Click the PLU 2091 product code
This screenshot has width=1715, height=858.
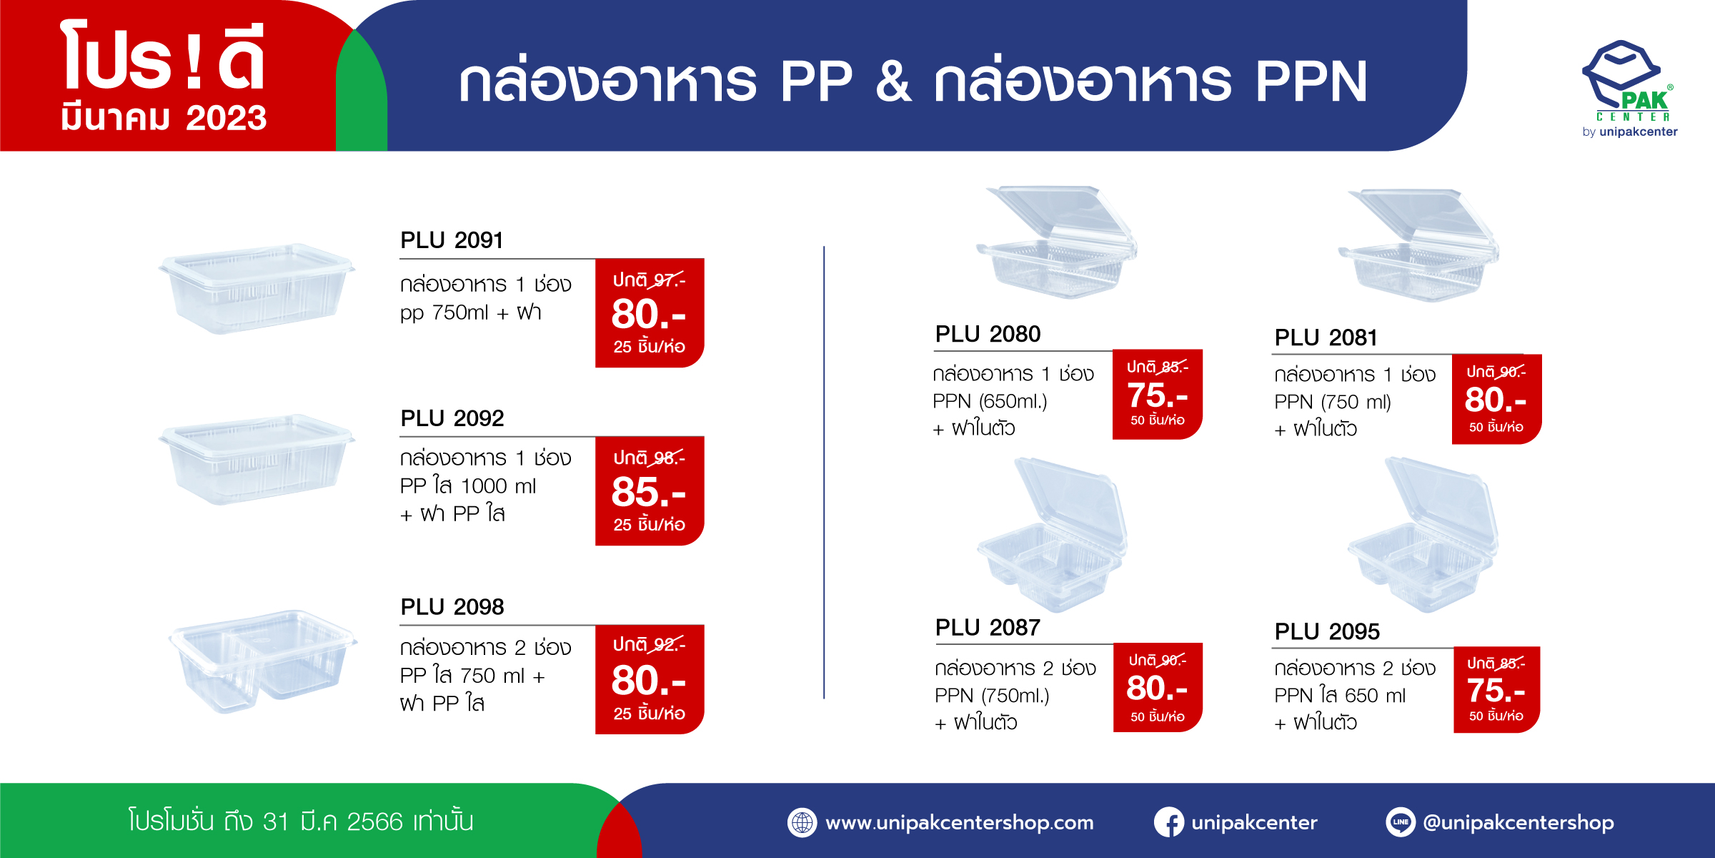click(x=452, y=240)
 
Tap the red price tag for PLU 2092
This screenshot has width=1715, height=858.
click(x=650, y=490)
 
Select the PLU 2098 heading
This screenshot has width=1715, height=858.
click(x=452, y=607)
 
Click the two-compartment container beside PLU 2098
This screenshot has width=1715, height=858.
click(x=262, y=661)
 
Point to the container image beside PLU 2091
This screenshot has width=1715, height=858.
click(x=257, y=288)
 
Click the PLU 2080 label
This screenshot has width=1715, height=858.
click(x=988, y=334)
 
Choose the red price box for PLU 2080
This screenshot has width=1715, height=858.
click(x=1158, y=394)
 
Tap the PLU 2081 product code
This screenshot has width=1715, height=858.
click(x=1326, y=337)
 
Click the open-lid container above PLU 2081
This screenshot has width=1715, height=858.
click(x=1419, y=245)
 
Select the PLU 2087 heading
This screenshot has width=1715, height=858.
click(x=988, y=628)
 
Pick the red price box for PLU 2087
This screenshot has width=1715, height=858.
click(x=1158, y=687)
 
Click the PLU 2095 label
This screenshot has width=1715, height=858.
click(x=1327, y=632)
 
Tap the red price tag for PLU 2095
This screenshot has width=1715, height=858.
click(x=1496, y=690)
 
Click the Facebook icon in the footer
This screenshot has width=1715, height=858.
click(x=1169, y=822)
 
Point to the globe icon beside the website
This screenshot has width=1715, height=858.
click(x=802, y=822)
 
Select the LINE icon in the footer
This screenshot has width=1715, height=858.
click(x=1401, y=822)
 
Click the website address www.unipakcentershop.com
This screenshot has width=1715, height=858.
click(x=960, y=823)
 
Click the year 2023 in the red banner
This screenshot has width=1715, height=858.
click(x=226, y=118)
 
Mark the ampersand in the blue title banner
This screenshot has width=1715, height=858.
click(x=894, y=82)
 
